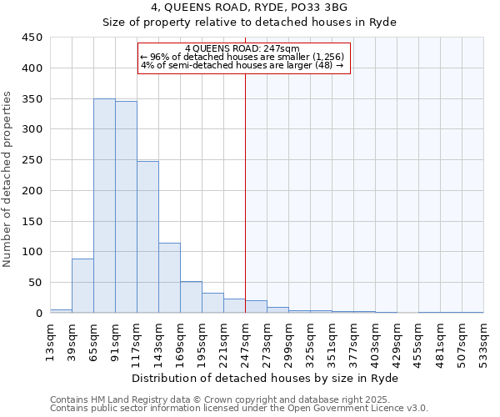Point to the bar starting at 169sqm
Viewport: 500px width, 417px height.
point(191,297)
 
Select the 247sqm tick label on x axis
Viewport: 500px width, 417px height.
point(245,342)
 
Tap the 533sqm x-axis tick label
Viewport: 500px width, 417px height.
point(483,342)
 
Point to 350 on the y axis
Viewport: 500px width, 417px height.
point(32,98)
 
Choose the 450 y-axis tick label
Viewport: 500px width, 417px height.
point(32,38)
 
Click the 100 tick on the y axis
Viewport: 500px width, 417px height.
point(32,252)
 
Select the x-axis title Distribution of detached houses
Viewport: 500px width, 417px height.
point(265,378)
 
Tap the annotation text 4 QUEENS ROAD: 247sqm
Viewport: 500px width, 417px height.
point(242,48)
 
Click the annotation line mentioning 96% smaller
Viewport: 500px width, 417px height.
point(242,57)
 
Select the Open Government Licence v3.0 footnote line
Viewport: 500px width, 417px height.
point(238,409)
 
